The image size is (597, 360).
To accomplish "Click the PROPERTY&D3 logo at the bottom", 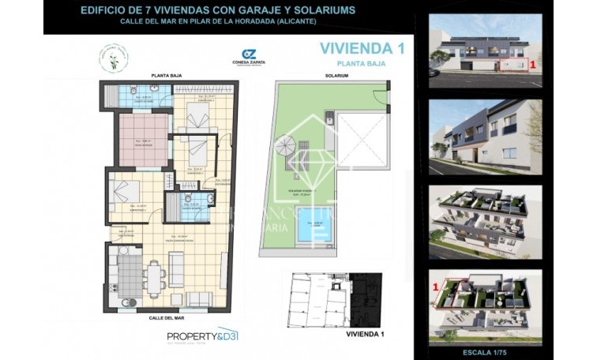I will tap(202, 336).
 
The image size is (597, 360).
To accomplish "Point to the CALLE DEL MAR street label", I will tap(166, 317).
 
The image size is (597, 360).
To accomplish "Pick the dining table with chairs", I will tap(156, 277).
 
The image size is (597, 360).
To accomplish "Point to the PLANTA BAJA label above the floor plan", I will tap(166, 76).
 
